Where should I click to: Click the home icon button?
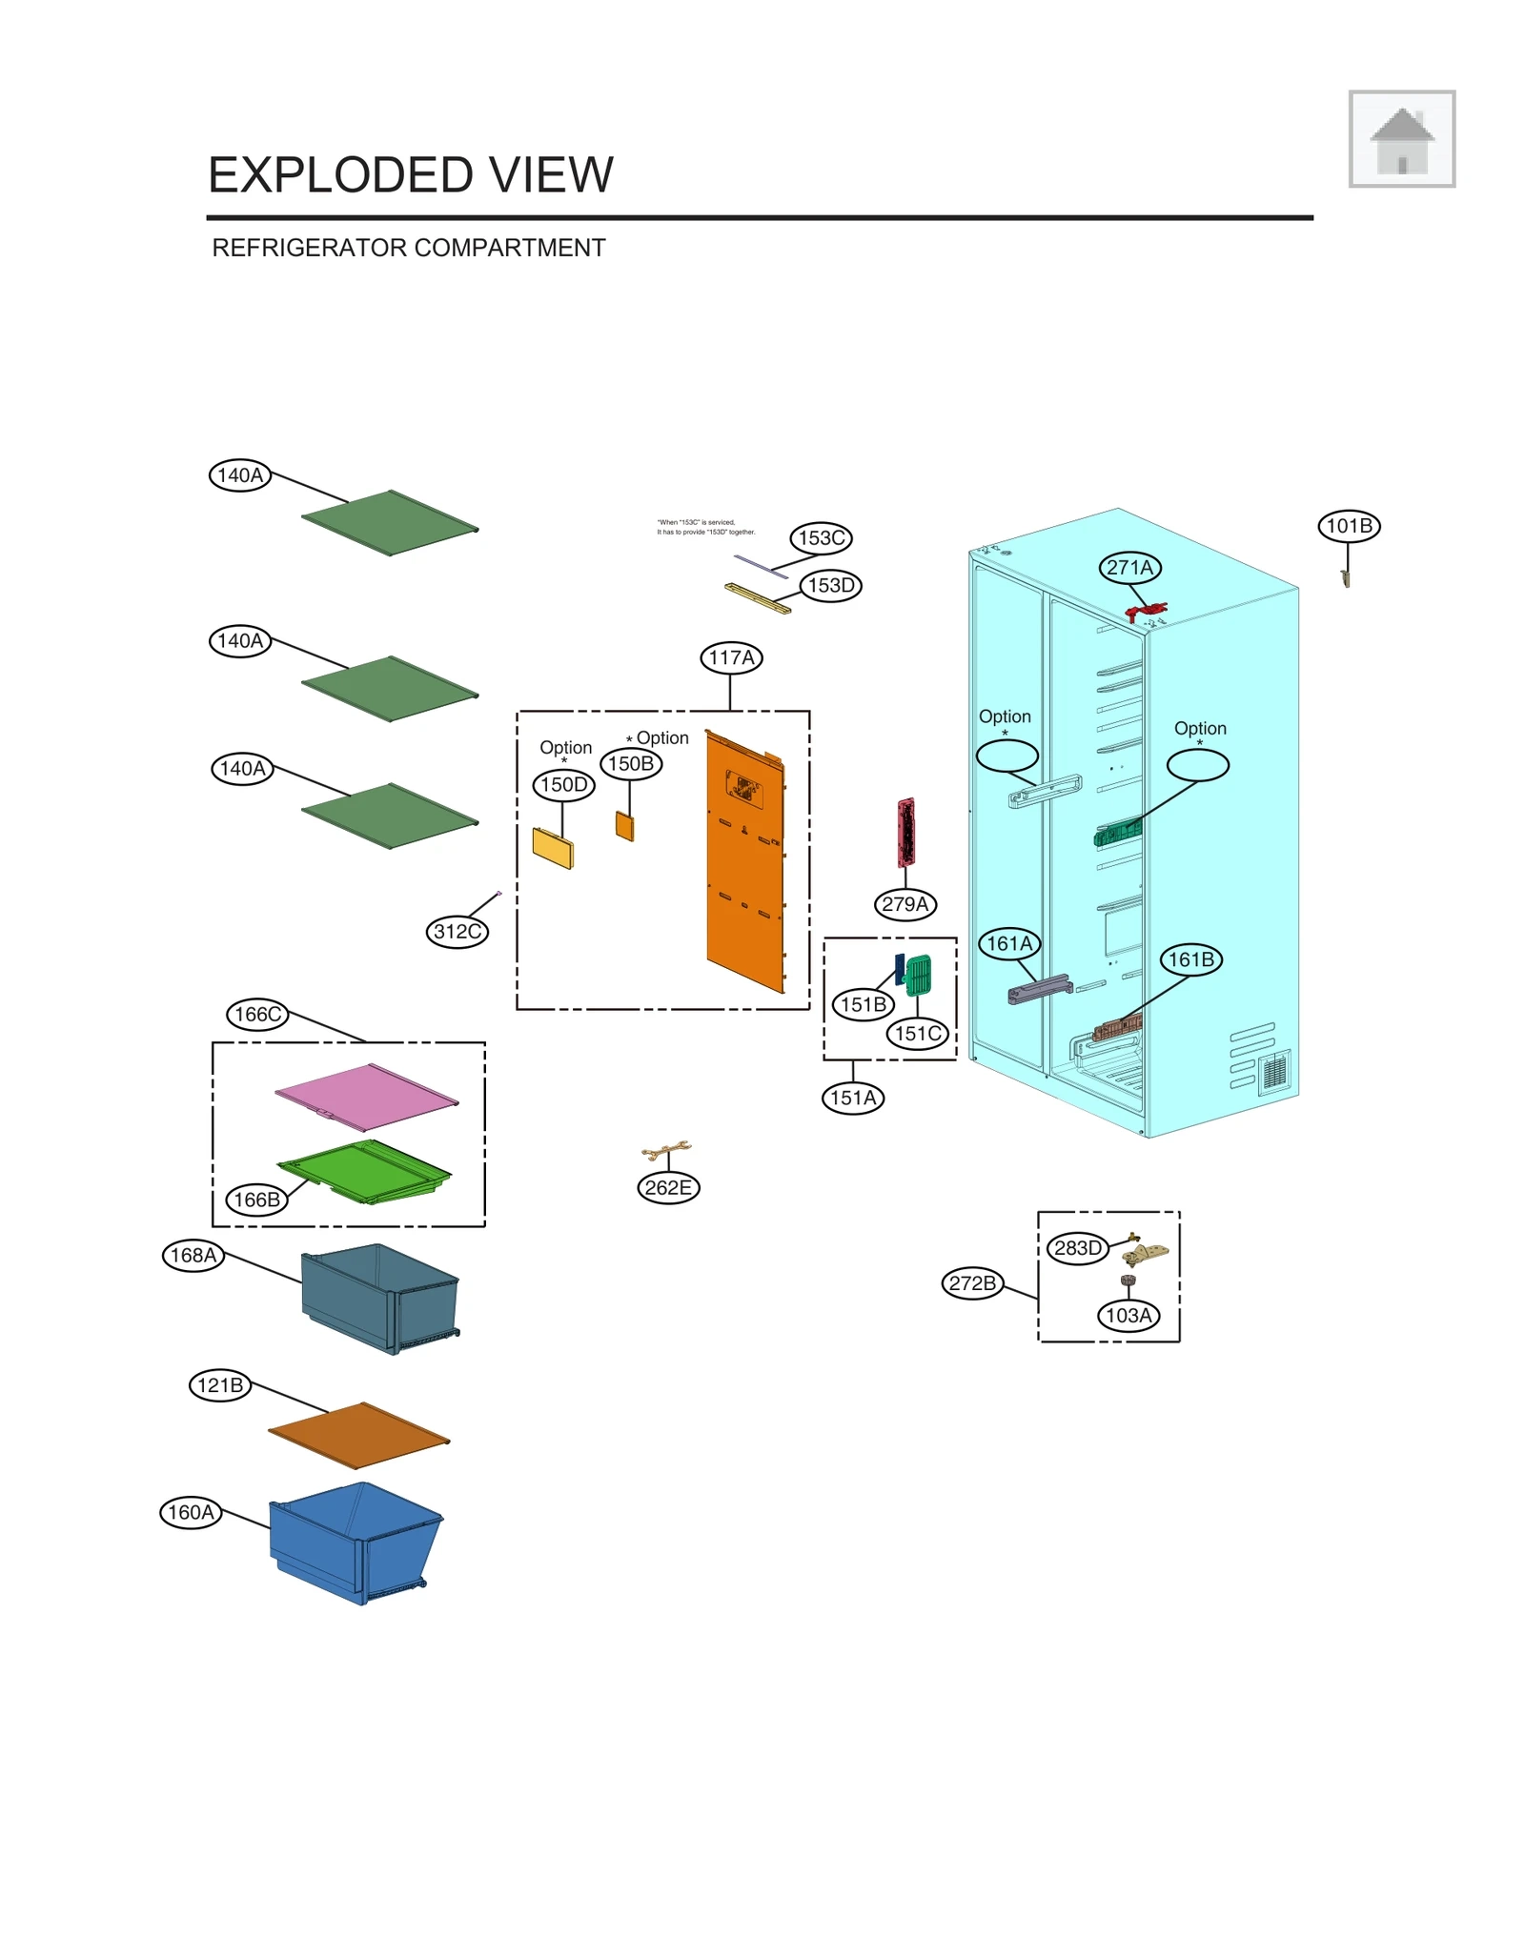1400,139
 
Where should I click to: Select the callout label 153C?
820,537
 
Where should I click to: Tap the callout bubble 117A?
730,657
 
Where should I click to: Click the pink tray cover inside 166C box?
367,1096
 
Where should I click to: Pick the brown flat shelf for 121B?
358,1434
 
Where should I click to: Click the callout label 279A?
905,903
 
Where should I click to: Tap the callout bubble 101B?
1348,526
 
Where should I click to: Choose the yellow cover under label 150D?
553,847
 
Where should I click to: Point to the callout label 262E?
667,1187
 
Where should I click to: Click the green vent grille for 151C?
918,975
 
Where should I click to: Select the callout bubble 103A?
1128,1316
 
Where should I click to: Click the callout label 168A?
193,1255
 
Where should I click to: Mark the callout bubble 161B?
1190,959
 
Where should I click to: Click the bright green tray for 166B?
367,1169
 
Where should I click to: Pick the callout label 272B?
971,1282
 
